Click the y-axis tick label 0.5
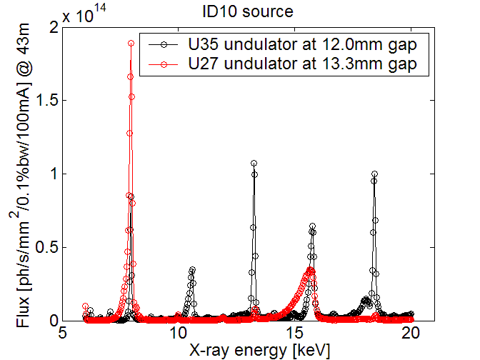(x=46, y=247)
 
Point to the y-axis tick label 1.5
(x=46, y=101)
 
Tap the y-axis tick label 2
(x=54, y=27)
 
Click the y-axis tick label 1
(x=54, y=174)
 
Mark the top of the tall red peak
(x=131, y=43)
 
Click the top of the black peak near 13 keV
(x=254, y=163)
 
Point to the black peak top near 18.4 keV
(x=374, y=174)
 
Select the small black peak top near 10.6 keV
(x=192, y=270)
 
